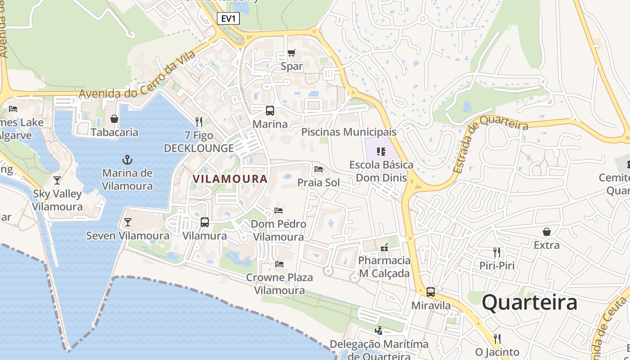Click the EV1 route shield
pyautogui.click(x=229, y=18)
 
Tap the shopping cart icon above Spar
pyautogui.click(x=292, y=53)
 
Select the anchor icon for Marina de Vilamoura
pyautogui.click(x=127, y=160)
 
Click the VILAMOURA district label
pyautogui.click(x=230, y=179)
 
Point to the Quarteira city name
pyautogui.click(x=530, y=302)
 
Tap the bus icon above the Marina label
pyautogui.click(x=270, y=110)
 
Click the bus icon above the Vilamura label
pyautogui.click(x=205, y=222)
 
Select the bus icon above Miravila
pyautogui.click(x=431, y=292)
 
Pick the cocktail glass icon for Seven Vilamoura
pyautogui.click(x=128, y=222)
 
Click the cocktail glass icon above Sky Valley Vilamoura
pyautogui.click(x=57, y=180)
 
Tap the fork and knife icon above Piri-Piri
pyautogui.click(x=497, y=252)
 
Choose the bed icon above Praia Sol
pyautogui.click(x=319, y=169)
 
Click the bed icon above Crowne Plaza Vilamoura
pyautogui.click(x=279, y=264)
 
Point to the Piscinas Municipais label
pyautogui.click(x=349, y=132)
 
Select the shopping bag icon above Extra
pyautogui.click(x=547, y=232)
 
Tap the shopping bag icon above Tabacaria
pyautogui.click(x=114, y=119)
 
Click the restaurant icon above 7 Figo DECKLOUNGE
pyautogui.click(x=199, y=121)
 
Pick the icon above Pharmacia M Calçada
pyautogui.click(x=384, y=247)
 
